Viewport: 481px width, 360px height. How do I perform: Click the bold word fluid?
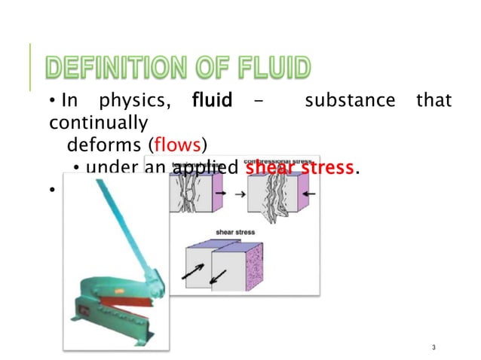click(212, 100)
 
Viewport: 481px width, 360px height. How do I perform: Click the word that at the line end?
click(434, 100)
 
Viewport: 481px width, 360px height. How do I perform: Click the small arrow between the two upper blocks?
click(239, 194)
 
